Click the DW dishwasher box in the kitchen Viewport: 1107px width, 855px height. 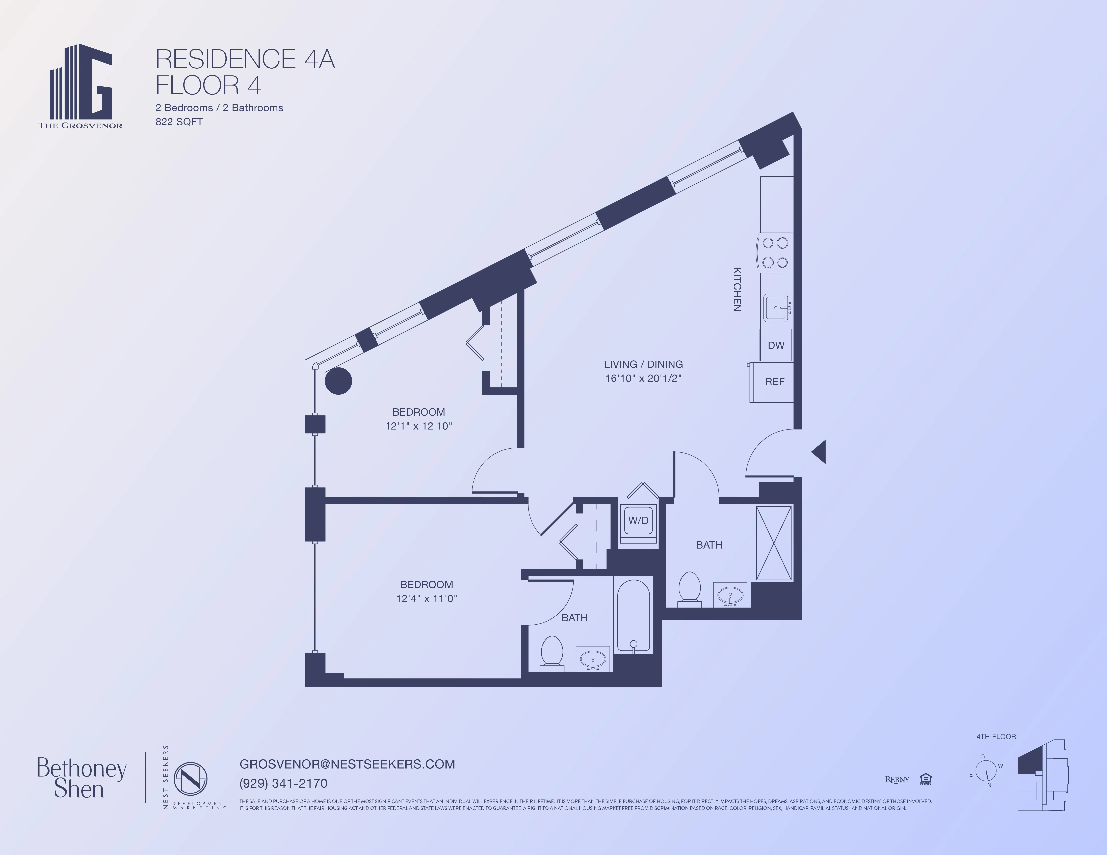(776, 345)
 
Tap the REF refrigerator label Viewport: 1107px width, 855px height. (775, 382)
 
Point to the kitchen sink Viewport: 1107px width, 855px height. (776, 307)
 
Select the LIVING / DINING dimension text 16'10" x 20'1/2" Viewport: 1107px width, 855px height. (643, 378)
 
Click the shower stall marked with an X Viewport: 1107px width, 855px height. (774, 543)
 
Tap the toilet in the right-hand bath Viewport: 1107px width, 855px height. (689, 589)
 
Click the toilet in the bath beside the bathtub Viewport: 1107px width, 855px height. (552, 652)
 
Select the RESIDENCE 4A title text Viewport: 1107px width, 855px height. (245, 59)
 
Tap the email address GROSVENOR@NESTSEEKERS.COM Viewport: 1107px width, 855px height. (347, 764)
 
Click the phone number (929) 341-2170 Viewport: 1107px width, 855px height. (283, 783)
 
